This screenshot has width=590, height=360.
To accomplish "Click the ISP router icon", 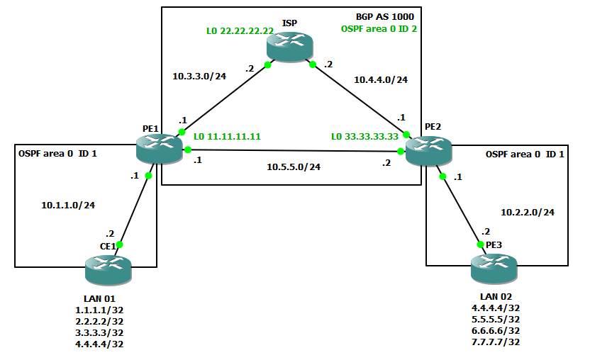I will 289,47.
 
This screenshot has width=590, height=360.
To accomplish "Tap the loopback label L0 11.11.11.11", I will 228,136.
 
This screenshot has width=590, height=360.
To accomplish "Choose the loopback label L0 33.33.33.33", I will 364,136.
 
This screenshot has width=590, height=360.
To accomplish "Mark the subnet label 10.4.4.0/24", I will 381,80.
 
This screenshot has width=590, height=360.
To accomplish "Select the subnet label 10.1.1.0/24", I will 68,205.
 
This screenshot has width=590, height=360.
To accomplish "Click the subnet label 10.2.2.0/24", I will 528,211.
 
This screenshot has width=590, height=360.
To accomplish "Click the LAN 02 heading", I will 495,297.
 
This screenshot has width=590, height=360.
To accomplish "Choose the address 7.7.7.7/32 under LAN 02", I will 495,342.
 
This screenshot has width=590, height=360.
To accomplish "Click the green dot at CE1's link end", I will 120,244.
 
